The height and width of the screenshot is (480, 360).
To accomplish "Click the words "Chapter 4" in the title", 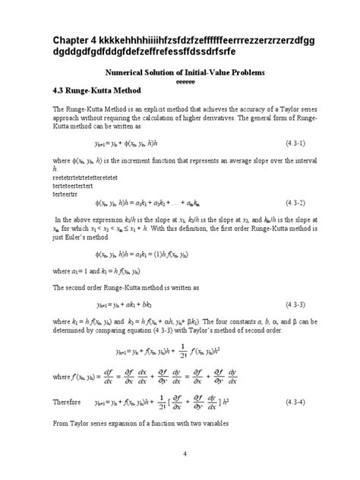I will click(78, 39).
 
